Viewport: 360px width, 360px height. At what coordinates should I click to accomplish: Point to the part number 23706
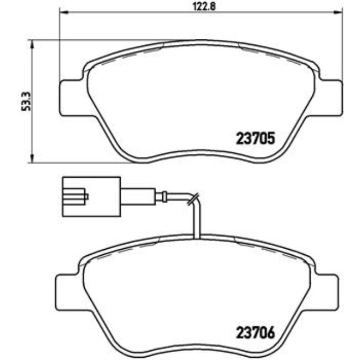pyautogui.click(x=255, y=333)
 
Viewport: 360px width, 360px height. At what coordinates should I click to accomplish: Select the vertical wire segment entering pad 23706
pyautogui.click(x=193, y=222)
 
